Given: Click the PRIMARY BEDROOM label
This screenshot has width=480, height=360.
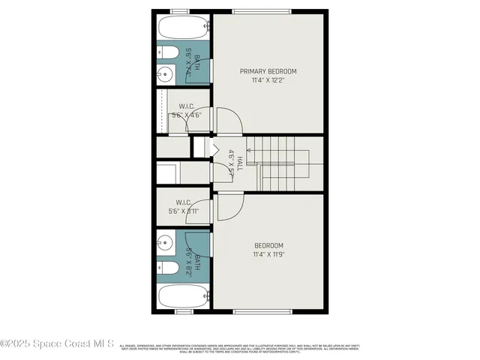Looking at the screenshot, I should (x=268, y=71).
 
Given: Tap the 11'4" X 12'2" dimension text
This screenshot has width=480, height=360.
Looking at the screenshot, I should (x=268, y=79).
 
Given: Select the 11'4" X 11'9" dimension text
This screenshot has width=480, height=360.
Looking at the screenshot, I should (x=268, y=254).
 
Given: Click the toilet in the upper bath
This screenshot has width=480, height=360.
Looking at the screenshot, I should (x=167, y=52).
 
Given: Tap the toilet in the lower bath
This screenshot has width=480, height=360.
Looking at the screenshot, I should (x=167, y=268).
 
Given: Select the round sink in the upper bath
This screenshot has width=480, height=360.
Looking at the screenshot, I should (x=166, y=73).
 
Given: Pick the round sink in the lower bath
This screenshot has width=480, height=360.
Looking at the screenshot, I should (x=166, y=243).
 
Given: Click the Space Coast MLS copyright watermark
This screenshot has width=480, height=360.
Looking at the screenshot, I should (x=57, y=344).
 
